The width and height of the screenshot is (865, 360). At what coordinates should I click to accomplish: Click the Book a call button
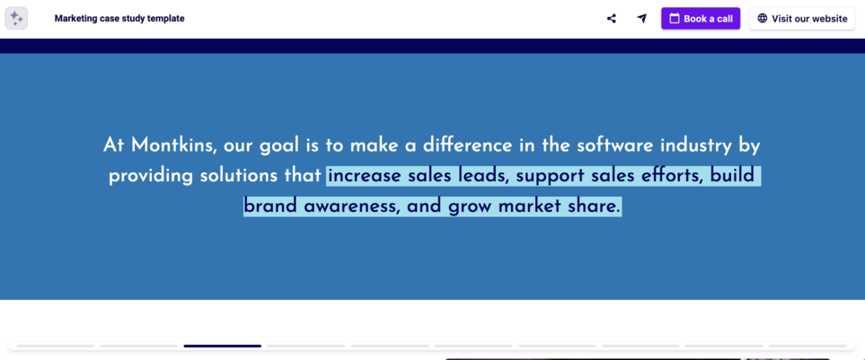click(701, 19)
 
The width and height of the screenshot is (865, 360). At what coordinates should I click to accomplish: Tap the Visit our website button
click(801, 19)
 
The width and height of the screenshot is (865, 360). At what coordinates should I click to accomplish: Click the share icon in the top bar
click(612, 19)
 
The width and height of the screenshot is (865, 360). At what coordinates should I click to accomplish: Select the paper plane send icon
click(641, 19)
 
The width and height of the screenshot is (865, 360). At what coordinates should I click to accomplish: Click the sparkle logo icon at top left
click(16, 18)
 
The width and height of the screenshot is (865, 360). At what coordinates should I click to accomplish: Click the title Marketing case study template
click(119, 19)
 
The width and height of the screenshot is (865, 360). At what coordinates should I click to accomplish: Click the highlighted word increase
click(364, 176)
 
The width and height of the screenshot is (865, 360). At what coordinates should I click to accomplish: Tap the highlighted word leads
click(483, 176)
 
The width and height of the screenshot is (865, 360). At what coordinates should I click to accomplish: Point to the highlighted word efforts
click(665, 176)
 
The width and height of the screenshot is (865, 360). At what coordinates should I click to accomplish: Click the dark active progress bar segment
click(222, 346)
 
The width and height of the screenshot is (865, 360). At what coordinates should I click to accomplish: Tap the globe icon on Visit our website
click(763, 19)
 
